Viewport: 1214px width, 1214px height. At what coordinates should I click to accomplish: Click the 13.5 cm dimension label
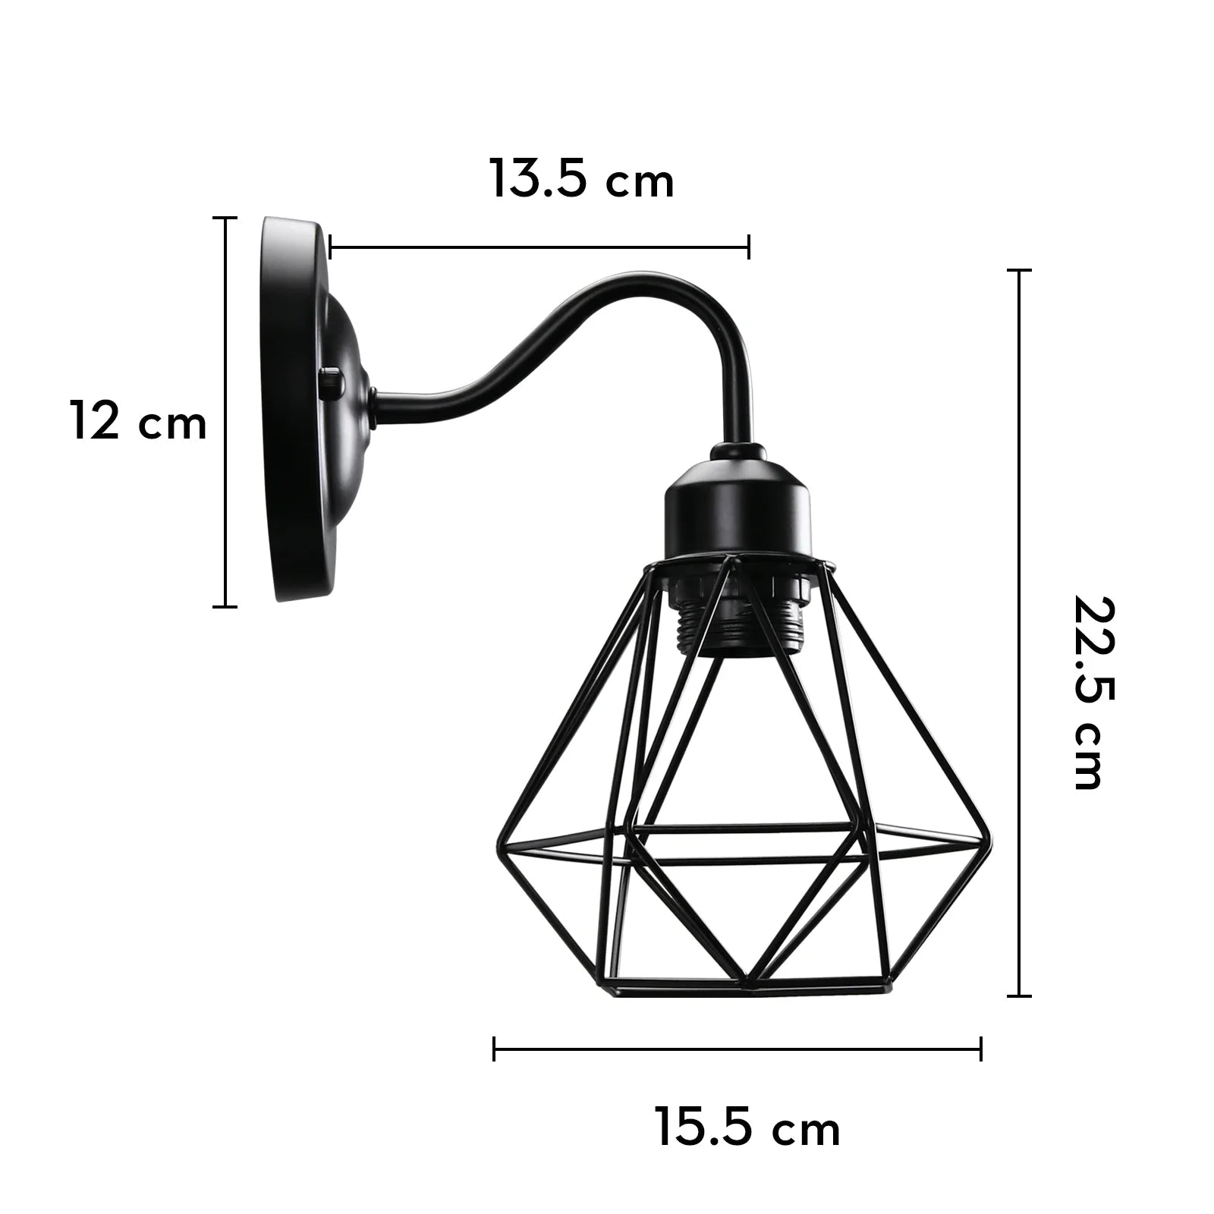tap(581, 180)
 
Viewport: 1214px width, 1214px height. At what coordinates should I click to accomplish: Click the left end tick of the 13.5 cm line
tap(332, 247)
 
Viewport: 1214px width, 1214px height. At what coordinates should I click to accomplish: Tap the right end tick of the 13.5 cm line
tap(749, 247)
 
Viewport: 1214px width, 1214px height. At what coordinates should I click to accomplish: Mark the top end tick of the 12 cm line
tap(225, 218)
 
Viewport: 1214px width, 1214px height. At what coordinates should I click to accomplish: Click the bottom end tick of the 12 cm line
tap(225, 606)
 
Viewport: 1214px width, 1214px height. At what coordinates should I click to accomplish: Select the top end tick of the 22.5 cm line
tap(1018, 270)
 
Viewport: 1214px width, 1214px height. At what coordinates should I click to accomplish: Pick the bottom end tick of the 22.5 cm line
tap(1018, 995)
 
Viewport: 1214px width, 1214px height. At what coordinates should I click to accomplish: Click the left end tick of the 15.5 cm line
tap(494, 1049)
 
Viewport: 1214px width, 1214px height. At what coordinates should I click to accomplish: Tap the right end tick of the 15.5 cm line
tap(981, 1049)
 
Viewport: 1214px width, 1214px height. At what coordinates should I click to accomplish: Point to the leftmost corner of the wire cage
tap(498, 848)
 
